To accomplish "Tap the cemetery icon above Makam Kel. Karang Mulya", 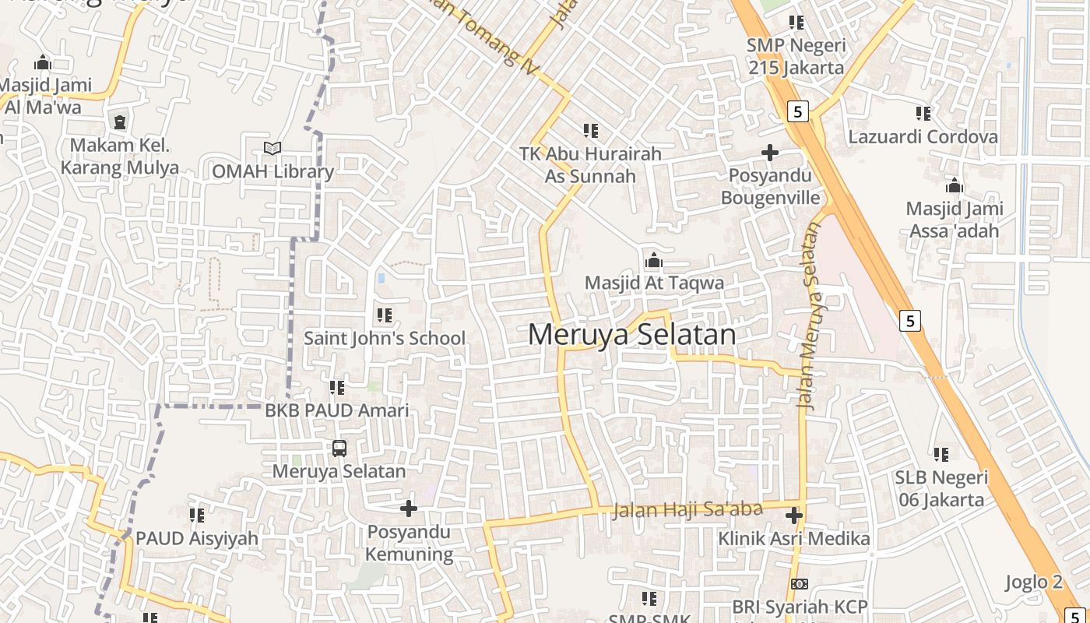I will [120, 122].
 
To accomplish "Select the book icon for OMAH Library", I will [272, 148].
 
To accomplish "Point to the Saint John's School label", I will [385, 338].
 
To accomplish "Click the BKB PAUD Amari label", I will [336, 410].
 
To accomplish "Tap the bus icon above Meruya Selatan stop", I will [339, 448].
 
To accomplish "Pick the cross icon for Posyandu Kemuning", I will [409, 509].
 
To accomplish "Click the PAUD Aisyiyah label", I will [197, 538].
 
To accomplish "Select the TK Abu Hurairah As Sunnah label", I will [591, 165].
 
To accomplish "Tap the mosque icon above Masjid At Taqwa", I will [654, 260].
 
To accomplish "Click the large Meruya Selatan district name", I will [631, 335].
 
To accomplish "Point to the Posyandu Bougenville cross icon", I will [770, 153].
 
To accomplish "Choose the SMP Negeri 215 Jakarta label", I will [796, 56].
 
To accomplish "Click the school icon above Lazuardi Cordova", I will [923, 114].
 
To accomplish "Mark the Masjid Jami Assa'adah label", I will [954, 220].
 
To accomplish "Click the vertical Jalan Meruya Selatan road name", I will [810, 315].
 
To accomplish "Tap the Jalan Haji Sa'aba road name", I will [687, 510].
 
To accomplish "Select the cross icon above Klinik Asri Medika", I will [794, 516].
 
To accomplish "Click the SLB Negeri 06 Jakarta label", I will [941, 488].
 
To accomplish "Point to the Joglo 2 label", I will [1033, 582].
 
